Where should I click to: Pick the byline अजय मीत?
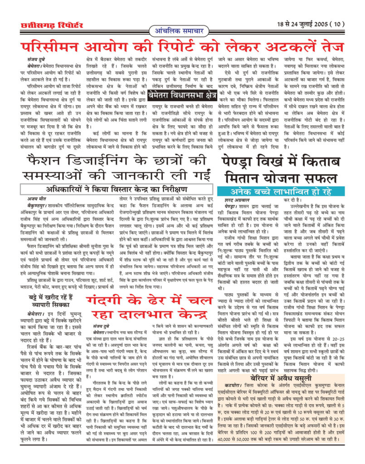[34, 198]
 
